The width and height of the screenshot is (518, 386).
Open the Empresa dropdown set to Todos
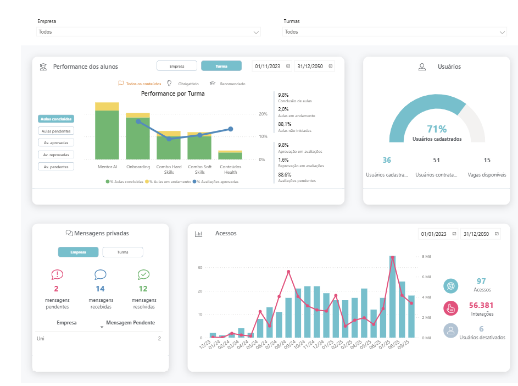(x=148, y=32)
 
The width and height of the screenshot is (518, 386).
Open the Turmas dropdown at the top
(x=394, y=32)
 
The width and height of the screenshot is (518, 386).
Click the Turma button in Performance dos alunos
(x=221, y=66)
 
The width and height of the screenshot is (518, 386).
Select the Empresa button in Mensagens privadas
(x=78, y=252)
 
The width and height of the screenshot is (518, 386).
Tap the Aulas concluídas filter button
(x=55, y=118)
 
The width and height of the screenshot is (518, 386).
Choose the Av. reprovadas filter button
(x=55, y=155)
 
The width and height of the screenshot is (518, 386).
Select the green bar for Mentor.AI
(x=107, y=135)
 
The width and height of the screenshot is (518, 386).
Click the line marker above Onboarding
(x=138, y=122)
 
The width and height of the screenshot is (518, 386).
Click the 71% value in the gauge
(x=437, y=129)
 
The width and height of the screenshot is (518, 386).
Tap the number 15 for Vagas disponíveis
(x=487, y=160)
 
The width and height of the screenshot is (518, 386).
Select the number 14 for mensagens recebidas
(x=100, y=289)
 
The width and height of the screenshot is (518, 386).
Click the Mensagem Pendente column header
(x=130, y=323)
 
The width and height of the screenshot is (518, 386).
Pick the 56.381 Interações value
(x=481, y=305)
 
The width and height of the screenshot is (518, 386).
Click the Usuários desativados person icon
(x=450, y=330)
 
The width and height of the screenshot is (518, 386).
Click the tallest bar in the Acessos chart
(x=392, y=296)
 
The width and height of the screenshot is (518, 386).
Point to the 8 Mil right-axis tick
(x=426, y=257)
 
